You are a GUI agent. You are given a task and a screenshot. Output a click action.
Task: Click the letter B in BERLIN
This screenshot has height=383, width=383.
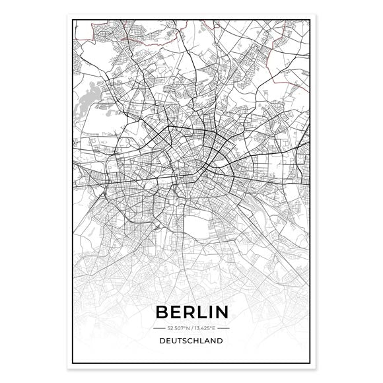[x=161, y=311]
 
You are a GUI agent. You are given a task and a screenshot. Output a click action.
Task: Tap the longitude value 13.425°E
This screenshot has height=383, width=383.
[x=207, y=328]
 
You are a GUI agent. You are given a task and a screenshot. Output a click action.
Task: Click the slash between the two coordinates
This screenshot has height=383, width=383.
[x=191, y=328]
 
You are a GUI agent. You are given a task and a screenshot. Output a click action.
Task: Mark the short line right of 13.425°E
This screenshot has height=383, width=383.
[x=226, y=328]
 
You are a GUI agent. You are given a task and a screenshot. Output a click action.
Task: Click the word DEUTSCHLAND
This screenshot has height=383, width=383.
[x=191, y=342]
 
